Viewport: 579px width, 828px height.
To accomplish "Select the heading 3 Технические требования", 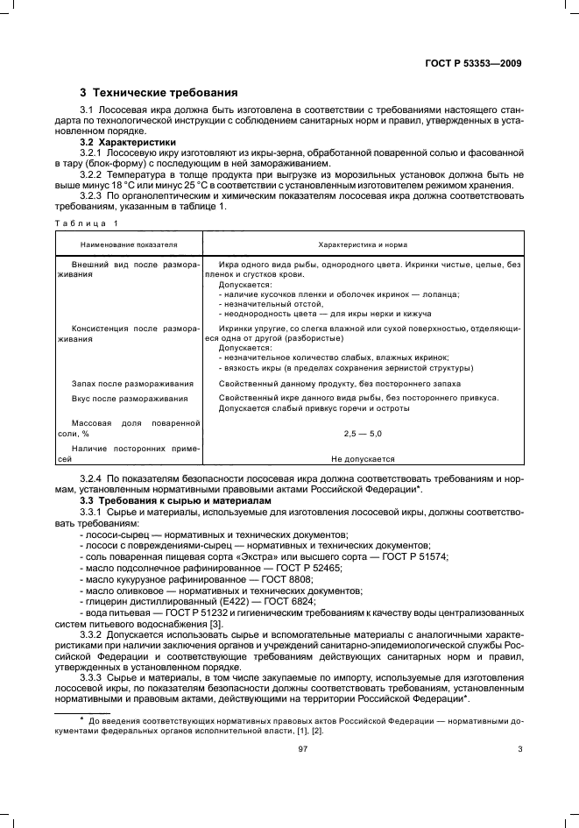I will click(x=159, y=92).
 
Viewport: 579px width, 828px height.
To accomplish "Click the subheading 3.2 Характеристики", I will click(x=128, y=142).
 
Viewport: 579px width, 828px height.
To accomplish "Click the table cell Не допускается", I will click(x=363, y=458).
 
